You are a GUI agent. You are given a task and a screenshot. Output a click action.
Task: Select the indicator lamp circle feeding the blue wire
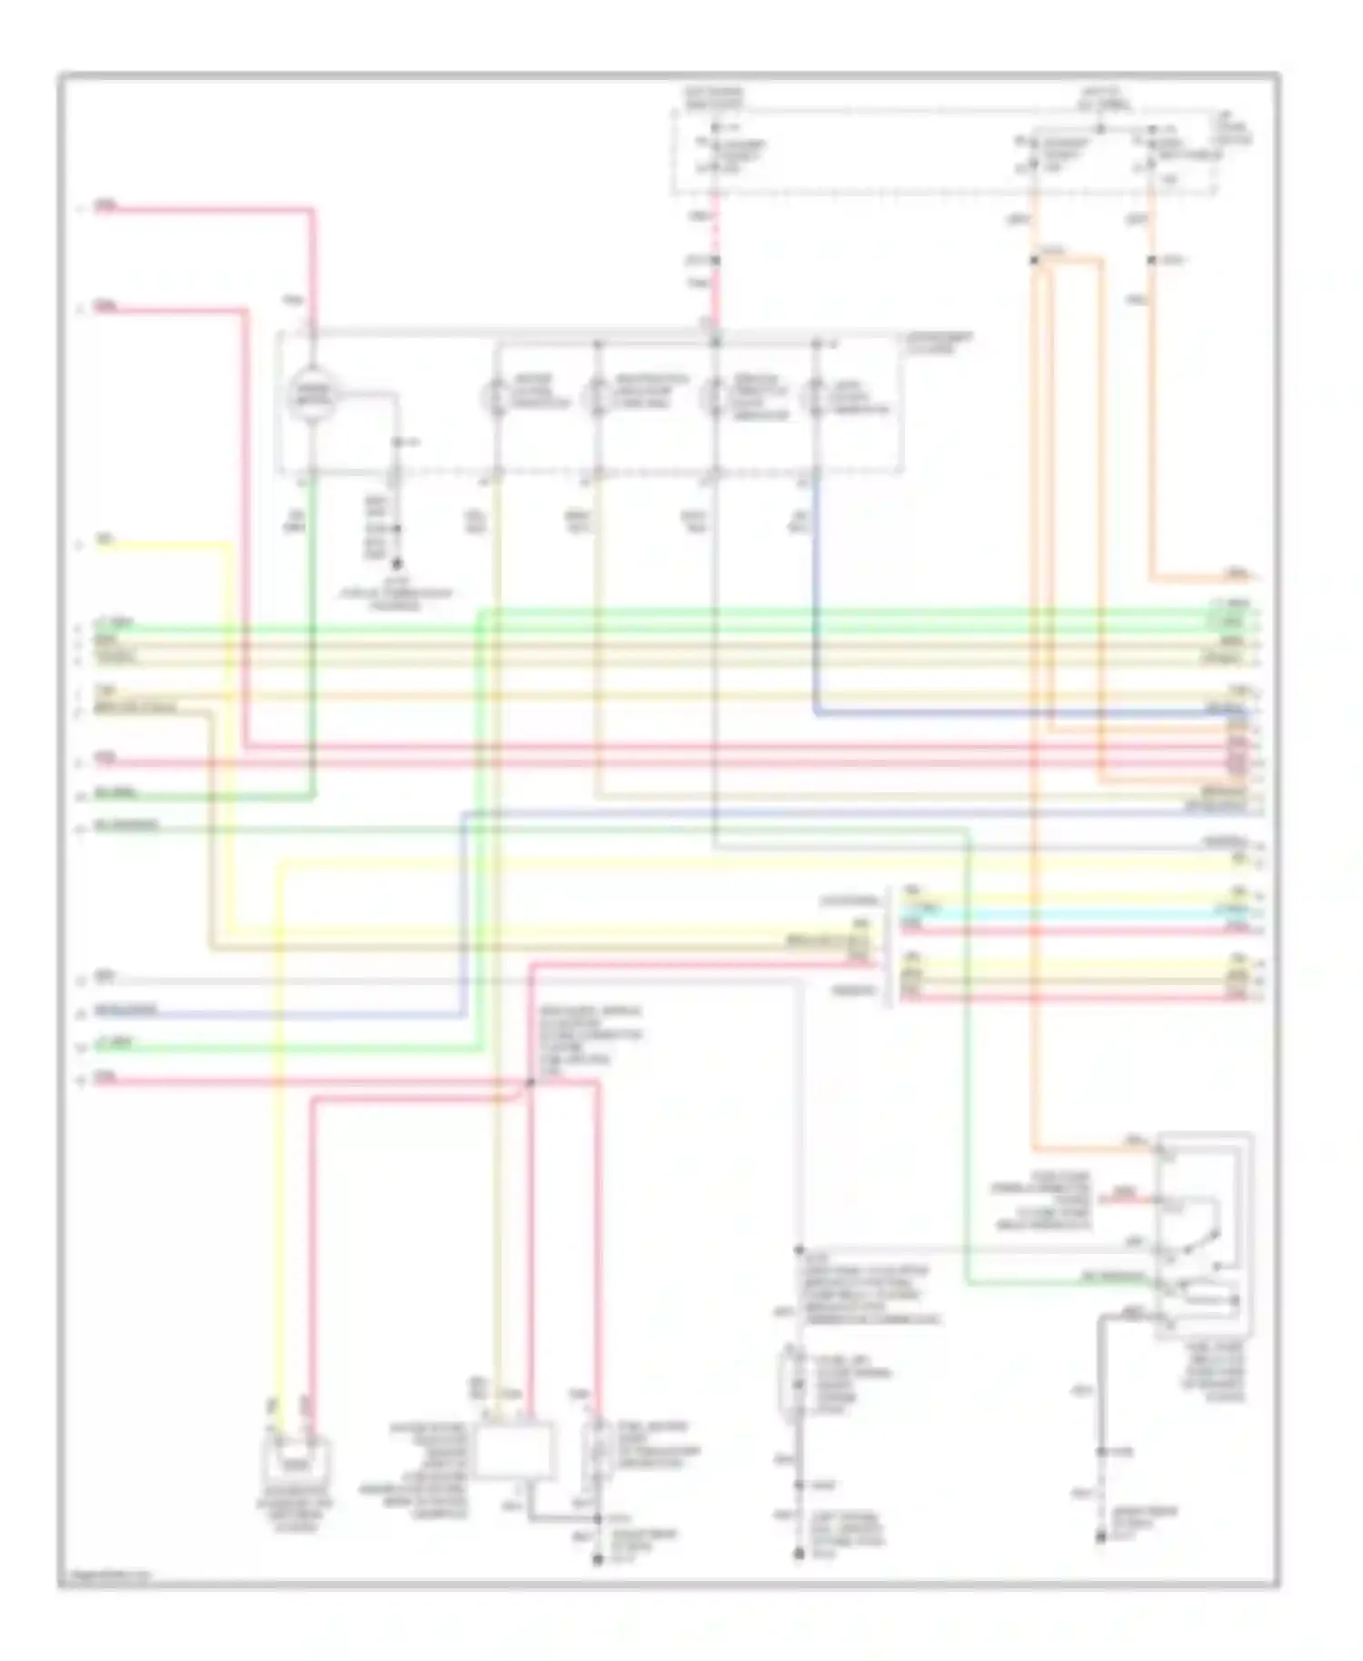click(815, 398)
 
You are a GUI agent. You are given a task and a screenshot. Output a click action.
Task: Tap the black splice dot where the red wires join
click(530, 1083)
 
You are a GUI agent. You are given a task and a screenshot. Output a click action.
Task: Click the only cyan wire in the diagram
click(1072, 910)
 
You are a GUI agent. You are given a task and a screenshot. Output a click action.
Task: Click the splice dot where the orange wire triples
click(1034, 261)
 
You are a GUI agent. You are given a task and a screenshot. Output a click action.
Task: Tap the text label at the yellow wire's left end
click(104, 542)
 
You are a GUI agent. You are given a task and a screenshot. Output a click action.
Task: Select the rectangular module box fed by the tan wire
click(516, 1451)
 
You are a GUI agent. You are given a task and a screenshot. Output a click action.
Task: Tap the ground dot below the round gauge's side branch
click(396, 564)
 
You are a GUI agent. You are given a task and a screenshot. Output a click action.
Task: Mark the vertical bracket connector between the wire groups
click(888, 945)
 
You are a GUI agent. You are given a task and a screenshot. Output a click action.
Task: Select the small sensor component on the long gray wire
click(797, 1387)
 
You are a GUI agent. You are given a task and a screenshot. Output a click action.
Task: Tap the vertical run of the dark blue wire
click(816, 591)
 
